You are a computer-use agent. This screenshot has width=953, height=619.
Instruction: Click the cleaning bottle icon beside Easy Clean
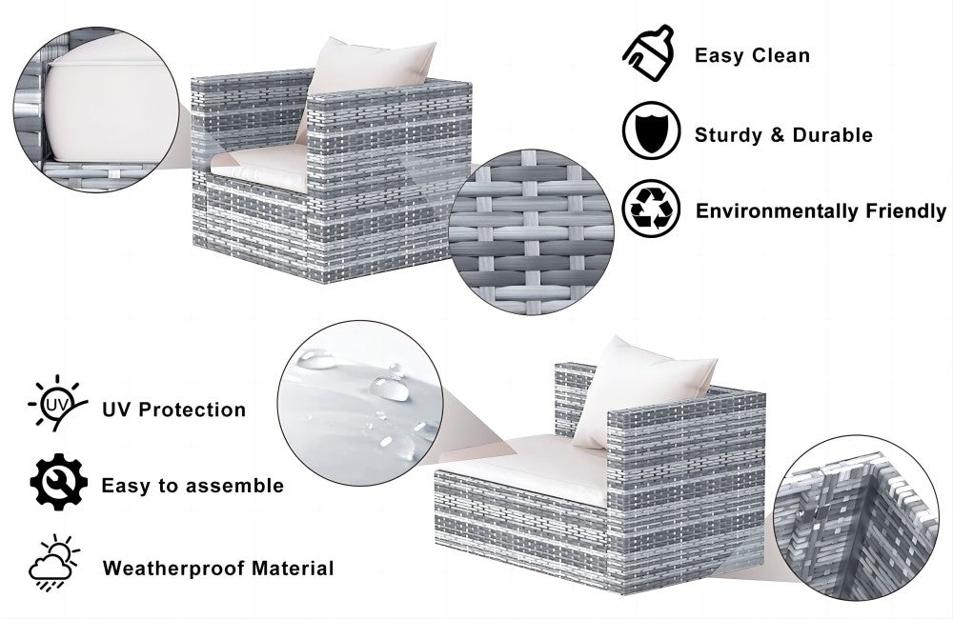tap(648, 53)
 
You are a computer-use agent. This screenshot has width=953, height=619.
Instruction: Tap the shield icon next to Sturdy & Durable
tap(651, 130)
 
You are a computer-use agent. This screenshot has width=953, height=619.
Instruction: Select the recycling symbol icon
tap(651, 209)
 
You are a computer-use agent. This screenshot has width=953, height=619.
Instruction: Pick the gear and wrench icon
tap(58, 482)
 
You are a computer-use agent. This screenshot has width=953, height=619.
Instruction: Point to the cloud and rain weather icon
tap(54, 563)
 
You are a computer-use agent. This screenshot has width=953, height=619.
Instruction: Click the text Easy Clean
tap(753, 56)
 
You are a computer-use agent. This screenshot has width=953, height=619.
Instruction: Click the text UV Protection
tap(173, 409)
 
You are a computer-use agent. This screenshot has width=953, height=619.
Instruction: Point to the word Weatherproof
tap(173, 568)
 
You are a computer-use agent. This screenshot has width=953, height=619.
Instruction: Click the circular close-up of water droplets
tap(360, 403)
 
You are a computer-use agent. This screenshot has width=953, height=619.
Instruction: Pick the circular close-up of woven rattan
tap(531, 232)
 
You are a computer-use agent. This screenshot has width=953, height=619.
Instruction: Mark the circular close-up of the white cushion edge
tap(96, 110)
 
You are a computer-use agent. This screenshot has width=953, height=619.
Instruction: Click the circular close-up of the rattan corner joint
tap(857, 517)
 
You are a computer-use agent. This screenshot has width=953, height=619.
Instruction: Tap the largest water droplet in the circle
tap(390, 388)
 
